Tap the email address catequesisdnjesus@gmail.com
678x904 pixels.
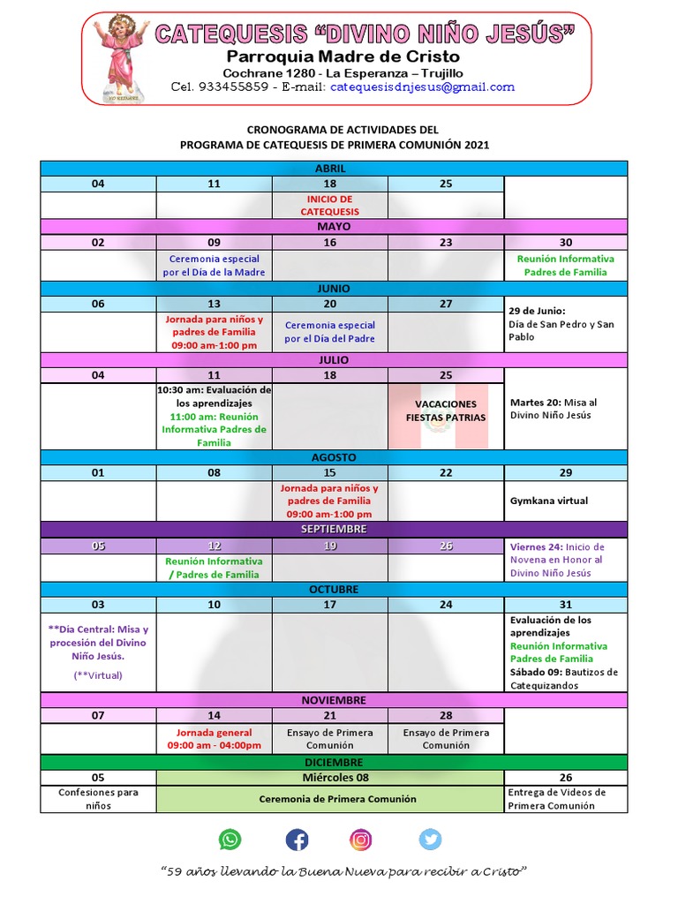click(x=422, y=87)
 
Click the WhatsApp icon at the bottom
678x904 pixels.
click(x=230, y=839)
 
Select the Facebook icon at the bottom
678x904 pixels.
click(x=298, y=839)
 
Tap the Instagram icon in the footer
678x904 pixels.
click(x=361, y=839)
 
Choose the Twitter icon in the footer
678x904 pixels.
click(x=430, y=839)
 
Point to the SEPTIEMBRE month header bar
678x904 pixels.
click(x=333, y=529)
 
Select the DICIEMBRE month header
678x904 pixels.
click(x=333, y=762)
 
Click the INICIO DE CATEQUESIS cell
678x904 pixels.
click(x=330, y=206)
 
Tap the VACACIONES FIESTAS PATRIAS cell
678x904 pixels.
click(x=446, y=411)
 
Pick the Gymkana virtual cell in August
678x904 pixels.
click(x=548, y=501)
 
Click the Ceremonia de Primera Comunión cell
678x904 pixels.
click(x=330, y=799)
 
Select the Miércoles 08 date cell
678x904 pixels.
click(x=330, y=778)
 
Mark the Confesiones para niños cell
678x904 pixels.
click(x=98, y=799)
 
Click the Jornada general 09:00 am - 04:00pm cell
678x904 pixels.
click(x=215, y=739)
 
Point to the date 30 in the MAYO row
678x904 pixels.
click(x=566, y=243)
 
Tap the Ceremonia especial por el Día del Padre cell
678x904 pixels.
click(x=330, y=332)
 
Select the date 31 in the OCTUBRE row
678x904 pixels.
click(x=566, y=605)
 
